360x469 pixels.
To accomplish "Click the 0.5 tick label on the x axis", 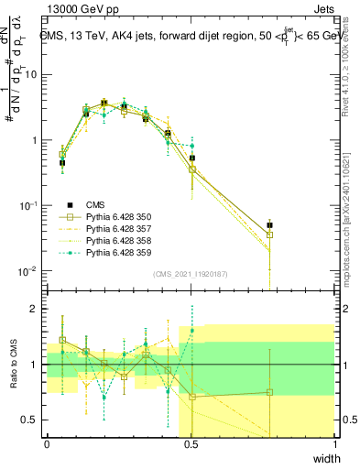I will (x=191, y=445).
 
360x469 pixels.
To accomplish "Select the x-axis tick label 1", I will (x=334, y=445).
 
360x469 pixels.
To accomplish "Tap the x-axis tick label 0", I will (x=47, y=445).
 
